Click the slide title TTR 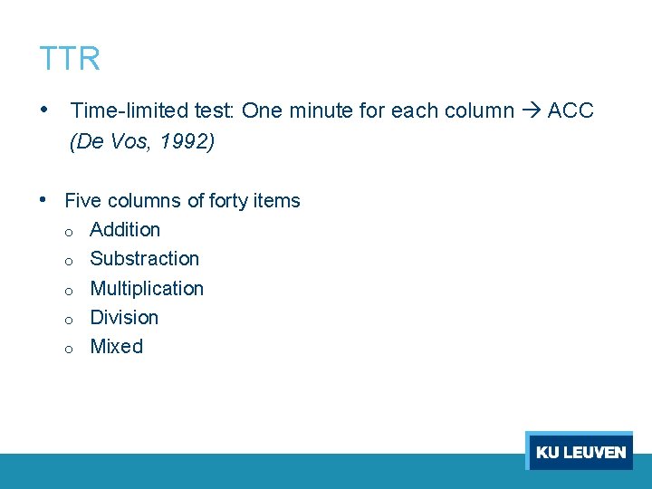point(70,59)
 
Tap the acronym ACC point(570,110)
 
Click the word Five point(83,200)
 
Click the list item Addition point(125,230)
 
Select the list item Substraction point(145,259)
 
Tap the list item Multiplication point(147,289)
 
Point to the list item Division point(124,318)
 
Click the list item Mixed point(117,347)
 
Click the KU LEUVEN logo point(580,452)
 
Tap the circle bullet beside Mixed point(69,349)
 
